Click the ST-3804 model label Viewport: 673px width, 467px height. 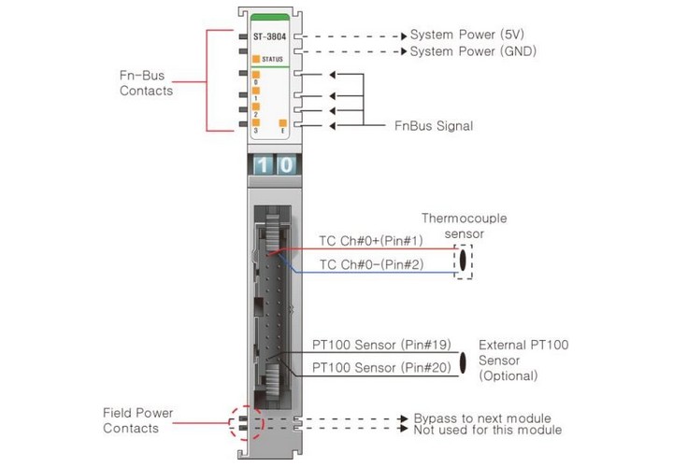point(269,37)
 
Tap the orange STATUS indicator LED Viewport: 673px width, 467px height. point(255,58)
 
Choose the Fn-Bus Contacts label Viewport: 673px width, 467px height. point(147,82)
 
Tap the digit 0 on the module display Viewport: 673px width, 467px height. point(286,165)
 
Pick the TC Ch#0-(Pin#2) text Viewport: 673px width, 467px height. point(371,264)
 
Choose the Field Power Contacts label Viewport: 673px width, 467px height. point(138,420)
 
